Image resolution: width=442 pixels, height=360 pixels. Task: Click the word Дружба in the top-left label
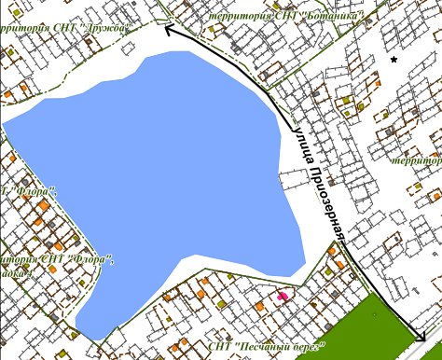click(x=105, y=28)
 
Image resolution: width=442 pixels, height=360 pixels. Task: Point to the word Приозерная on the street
click(x=327, y=199)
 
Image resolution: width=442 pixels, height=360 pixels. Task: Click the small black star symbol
click(x=394, y=60)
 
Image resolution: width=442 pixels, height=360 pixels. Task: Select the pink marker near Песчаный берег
click(x=283, y=296)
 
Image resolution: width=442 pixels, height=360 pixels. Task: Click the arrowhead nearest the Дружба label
click(x=169, y=30)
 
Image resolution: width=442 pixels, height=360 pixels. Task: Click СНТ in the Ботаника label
click(x=284, y=15)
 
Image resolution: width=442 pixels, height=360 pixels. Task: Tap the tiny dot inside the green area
click(x=374, y=315)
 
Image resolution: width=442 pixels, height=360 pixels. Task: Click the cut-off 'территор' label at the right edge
click(x=417, y=160)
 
